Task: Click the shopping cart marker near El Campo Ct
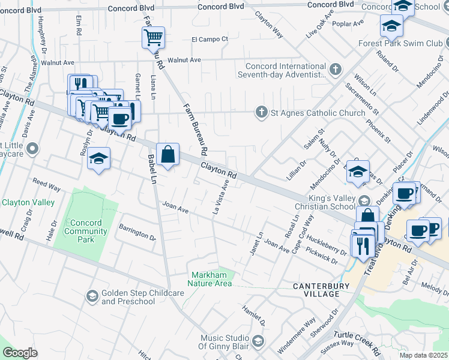tap(153, 37)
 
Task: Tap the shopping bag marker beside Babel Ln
tap(168, 154)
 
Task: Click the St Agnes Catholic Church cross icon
tap(261, 112)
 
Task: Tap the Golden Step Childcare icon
tap(92, 296)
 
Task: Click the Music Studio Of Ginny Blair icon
tap(258, 341)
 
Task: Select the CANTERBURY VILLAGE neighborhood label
tap(321, 290)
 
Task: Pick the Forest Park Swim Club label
tap(400, 44)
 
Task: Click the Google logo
tap(20, 353)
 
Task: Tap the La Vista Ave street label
tap(221, 196)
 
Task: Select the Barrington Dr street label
tap(137, 233)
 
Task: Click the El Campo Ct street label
tap(210, 39)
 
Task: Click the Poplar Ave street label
tap(350, 23)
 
